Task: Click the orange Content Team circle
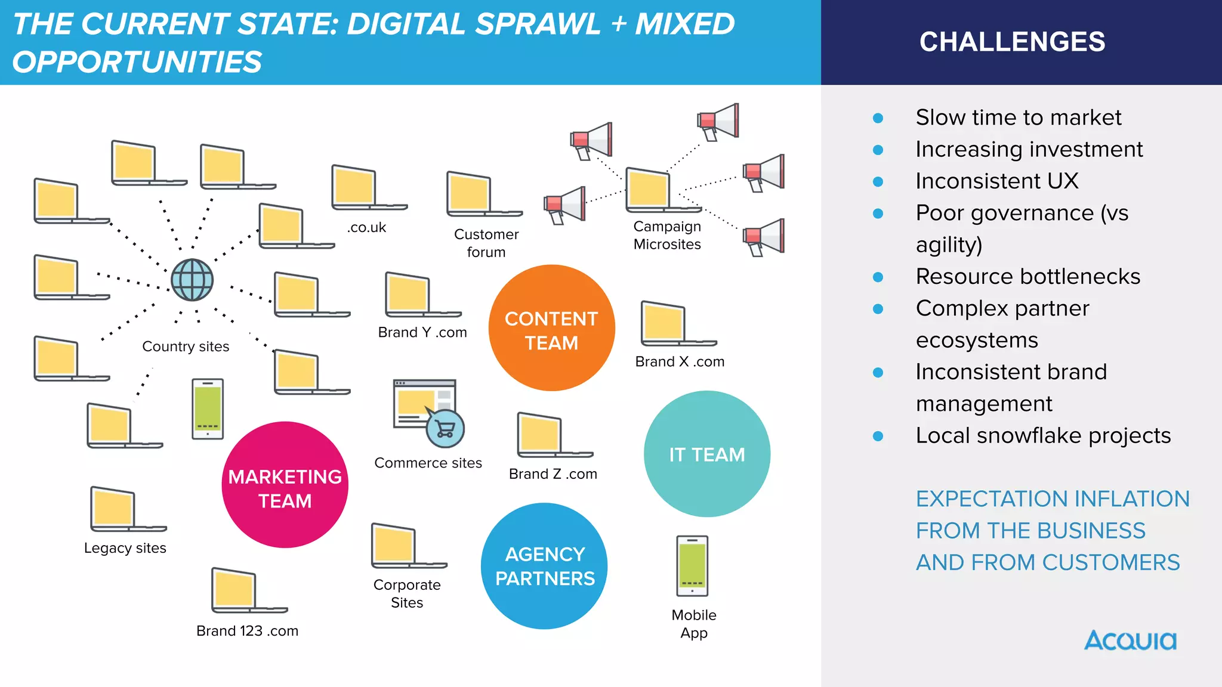[x=551, y=328]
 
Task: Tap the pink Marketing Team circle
[x=285, y=485]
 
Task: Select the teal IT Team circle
[x=707, y=454]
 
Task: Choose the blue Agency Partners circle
[x=544, y=566]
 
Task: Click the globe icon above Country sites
[x=192, y=280]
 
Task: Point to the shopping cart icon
[x=445, y=429]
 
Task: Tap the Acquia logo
[x=1130, y=640]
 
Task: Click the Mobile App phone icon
[x=692, y=566]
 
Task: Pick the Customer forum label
[x=486, y=243]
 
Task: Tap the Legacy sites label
[x=125, y=547]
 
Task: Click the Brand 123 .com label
[x=247, y=630]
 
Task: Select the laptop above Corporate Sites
[x=402, y=546]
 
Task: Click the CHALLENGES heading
[x=1012, y=42]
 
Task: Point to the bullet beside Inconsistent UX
[x=878, y=182]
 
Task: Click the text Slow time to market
[x=1018, y=117]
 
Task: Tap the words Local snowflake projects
[x=1043, y=435]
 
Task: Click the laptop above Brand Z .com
[x=548, y=435]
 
